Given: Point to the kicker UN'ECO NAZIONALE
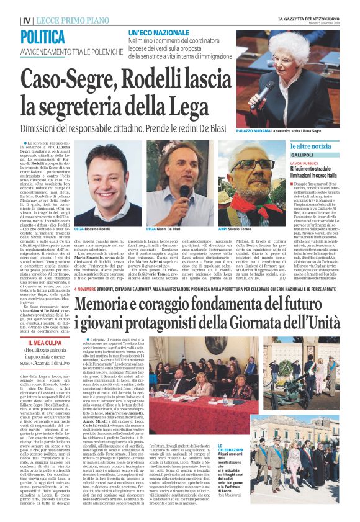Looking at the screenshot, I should click(x=159, y=32).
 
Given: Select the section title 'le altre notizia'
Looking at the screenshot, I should click(x=315, y=146).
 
